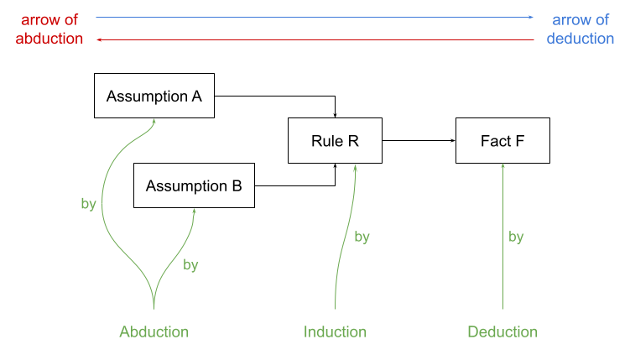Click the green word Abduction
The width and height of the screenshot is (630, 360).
pyautogui.click(x=154, y=331)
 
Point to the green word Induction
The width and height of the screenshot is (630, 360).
pyautogui.click(x=335, y=331)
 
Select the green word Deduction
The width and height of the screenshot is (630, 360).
pyautogui.click(x=502, y=331)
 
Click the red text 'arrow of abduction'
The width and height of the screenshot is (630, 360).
pyautogui.click(x=49, y=29)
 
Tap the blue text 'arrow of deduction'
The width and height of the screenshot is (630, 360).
pyautogui.click(x=581, y=29)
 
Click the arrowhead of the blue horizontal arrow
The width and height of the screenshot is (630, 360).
pyautogui.click(x=531, y=18)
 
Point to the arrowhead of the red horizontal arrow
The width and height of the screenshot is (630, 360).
pyautogui.click(x=99, y=39)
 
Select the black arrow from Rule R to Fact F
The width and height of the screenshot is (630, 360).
pyautogui.click(x=419, y=141)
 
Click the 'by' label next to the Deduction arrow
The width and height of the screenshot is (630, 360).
pyautogui.click(x=516, y=237)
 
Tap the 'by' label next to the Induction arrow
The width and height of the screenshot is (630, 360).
pyautogui.click(x=362, y=237)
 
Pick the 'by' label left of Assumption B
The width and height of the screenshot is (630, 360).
pyautogui.click(x=88, y=204)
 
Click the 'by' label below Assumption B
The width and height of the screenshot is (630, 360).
pyautogui.click(x=190, y=265)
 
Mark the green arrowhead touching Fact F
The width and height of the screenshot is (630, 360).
pyautogui.click(x=502, y=165)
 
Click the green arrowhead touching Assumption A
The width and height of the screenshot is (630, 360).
pyautogui.click(x=154, y=121)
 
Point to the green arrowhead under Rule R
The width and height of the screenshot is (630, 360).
pyautogui.click(x=355, y=166)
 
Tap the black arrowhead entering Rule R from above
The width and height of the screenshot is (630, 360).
pyautogui.click(x=335, y=116)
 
